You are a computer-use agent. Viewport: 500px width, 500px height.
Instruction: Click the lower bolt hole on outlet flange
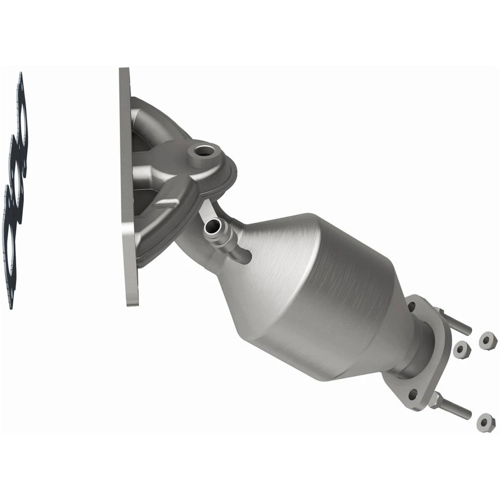coord(413,394)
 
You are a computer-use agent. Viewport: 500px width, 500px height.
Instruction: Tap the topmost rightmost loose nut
coord(488,342)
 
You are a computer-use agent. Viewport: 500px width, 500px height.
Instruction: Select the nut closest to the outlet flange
coord(461,350)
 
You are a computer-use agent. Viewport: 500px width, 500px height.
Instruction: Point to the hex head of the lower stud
coord(435,400)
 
